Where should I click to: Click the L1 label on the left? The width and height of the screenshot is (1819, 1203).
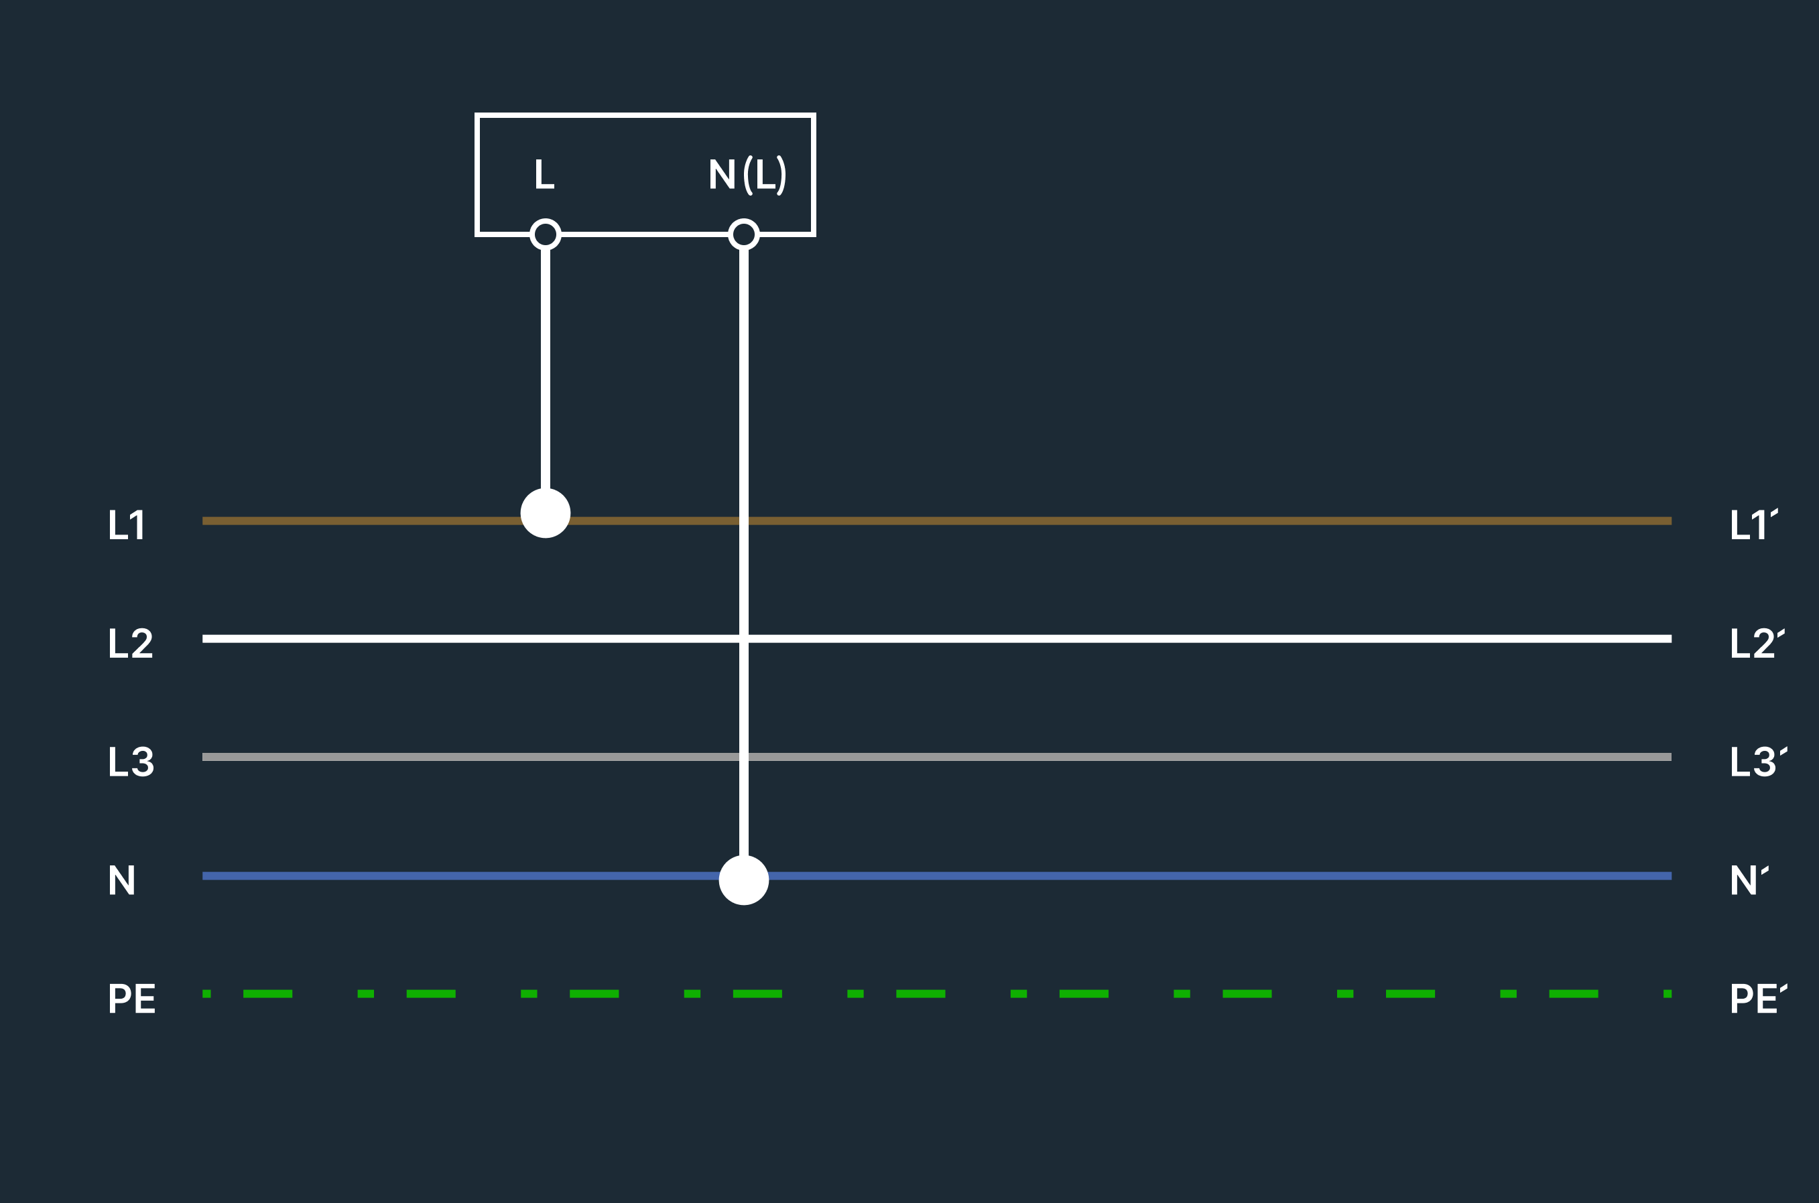point(126,524)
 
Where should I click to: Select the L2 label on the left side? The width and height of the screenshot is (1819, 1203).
point(131,643)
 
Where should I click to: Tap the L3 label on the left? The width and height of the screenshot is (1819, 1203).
point(131,762)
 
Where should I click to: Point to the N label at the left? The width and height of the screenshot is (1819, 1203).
point(122,880)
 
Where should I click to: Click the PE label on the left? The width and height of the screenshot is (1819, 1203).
point(132,998)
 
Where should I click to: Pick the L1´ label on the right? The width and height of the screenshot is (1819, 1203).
point(1754,524)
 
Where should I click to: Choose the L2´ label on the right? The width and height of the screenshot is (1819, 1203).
point(1757,642)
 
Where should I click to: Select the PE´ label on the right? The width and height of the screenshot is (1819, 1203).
point(1759,997)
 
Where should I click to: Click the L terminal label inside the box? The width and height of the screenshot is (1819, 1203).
point(544,174)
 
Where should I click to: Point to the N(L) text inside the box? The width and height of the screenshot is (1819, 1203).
point(747,175)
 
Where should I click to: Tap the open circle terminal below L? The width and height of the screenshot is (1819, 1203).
point(546,234)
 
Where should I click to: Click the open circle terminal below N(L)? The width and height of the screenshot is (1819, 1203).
point(744,234)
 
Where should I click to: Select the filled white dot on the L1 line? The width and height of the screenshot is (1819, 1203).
point(546,513)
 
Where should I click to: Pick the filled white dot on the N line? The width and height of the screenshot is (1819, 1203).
point(744,880)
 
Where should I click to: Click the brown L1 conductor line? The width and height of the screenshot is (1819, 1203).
point(937,521)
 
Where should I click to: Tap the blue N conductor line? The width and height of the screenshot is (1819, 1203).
point(937,876)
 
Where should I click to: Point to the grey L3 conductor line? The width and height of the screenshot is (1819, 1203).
point(937,758)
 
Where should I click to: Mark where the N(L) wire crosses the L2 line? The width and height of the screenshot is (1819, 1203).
point(744,639)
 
